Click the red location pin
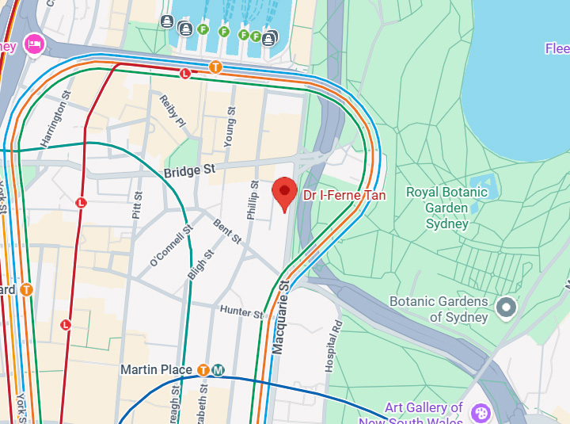(x=285, y=193)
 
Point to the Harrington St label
(x=56, y=119)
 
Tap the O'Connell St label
(x=171, y=246)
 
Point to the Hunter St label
(x=241, y=311)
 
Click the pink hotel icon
(x=34, y=44)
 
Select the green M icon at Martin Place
(x=218, y=370)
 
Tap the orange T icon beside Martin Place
(x=203, y=370)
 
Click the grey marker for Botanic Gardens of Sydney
(x=505, y=306)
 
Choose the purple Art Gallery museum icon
(x=480, y=412)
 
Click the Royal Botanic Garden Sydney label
(x=448, y=208)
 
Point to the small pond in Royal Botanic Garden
(x=484, y=187)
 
